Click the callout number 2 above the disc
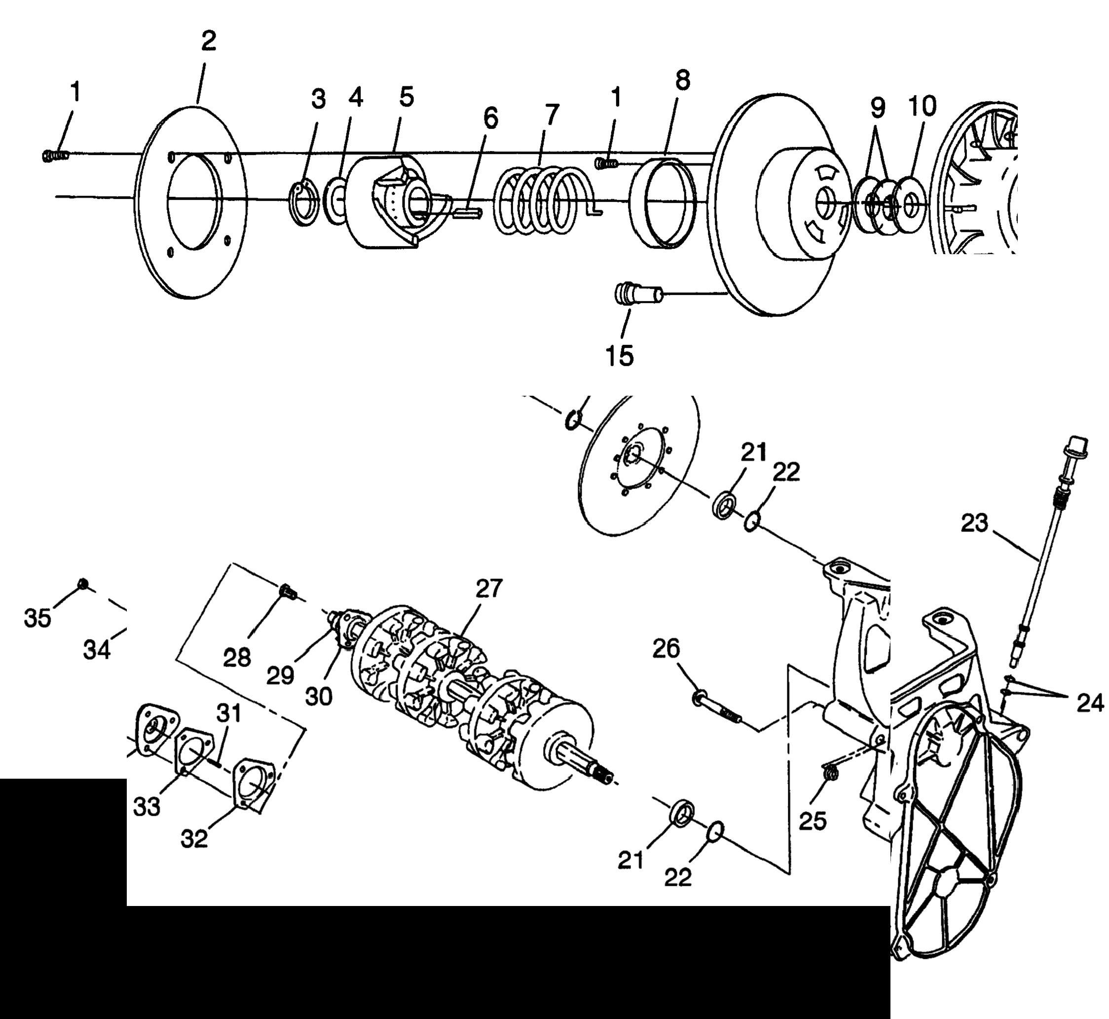pyautogui.click(x=208, y=41)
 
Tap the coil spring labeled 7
pyautogui.click(x=543, y=201)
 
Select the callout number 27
pyautogui.click(x=488, y=588)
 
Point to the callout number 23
pyautogui.click(x=974, y=523)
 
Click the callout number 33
pyautogui.click(x=147, y=807)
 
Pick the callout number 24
pyautogui.click(x=1090, y=703)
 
